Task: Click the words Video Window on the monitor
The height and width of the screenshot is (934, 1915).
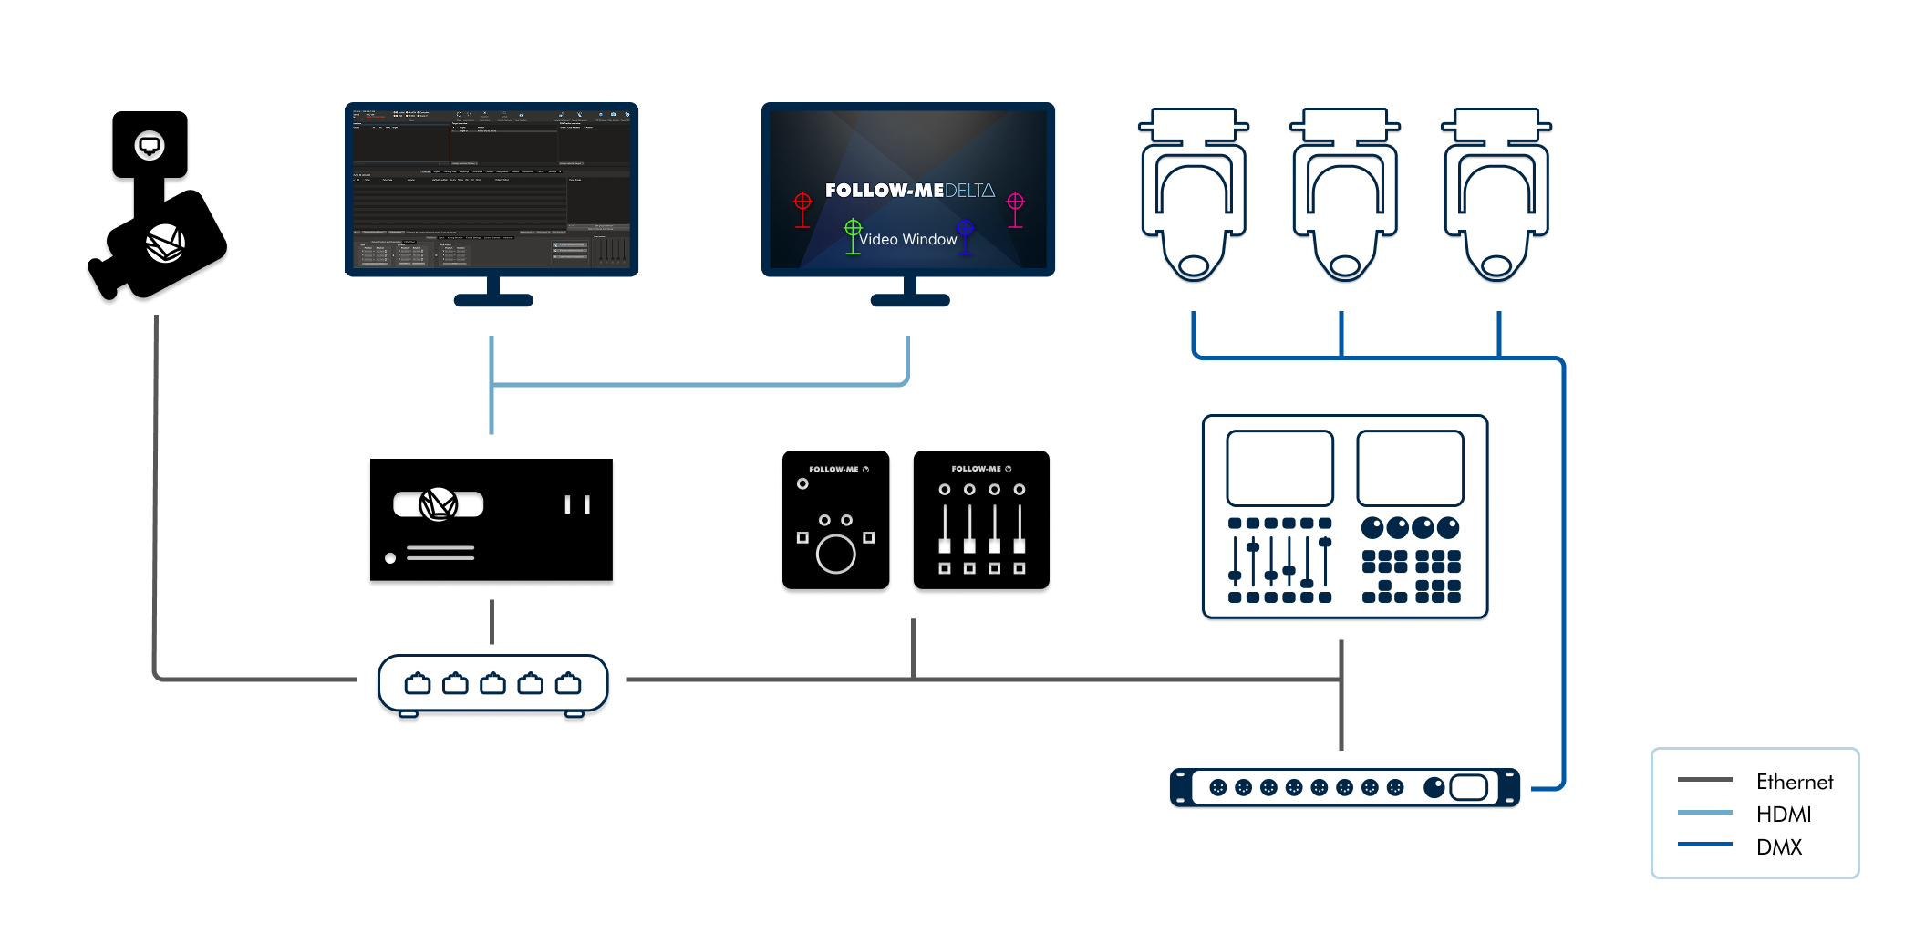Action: coord(907,239)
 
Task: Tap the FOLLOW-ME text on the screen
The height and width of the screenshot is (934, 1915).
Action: coord(884,191)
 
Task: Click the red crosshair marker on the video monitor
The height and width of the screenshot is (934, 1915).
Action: coord(802,202)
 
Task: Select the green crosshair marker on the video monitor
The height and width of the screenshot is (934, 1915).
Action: coord(853,228)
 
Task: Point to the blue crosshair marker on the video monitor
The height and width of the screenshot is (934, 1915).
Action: coord(965,228)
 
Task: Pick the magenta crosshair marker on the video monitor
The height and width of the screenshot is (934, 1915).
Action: coord(1015,202)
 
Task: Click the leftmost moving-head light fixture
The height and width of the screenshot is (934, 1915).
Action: coord(1194,196)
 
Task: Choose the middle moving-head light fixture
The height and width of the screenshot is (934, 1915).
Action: coord(1344,196)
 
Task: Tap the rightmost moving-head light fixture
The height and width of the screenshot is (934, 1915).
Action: coord(1496,196)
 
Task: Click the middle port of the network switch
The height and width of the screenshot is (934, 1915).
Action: coord(492,683)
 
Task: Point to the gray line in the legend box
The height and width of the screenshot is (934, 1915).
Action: coord(1704,780)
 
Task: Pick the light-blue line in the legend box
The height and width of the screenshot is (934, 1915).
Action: coord(1704,812)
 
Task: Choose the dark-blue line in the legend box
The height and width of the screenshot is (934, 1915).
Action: coord(1704,845)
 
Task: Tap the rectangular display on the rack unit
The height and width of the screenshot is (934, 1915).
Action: coord(1468,787)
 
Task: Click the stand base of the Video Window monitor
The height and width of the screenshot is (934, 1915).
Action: coord(909,300)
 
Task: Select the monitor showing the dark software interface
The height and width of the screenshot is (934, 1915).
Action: coord(492,189)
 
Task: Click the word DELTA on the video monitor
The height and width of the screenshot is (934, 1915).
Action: coord(969,191)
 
